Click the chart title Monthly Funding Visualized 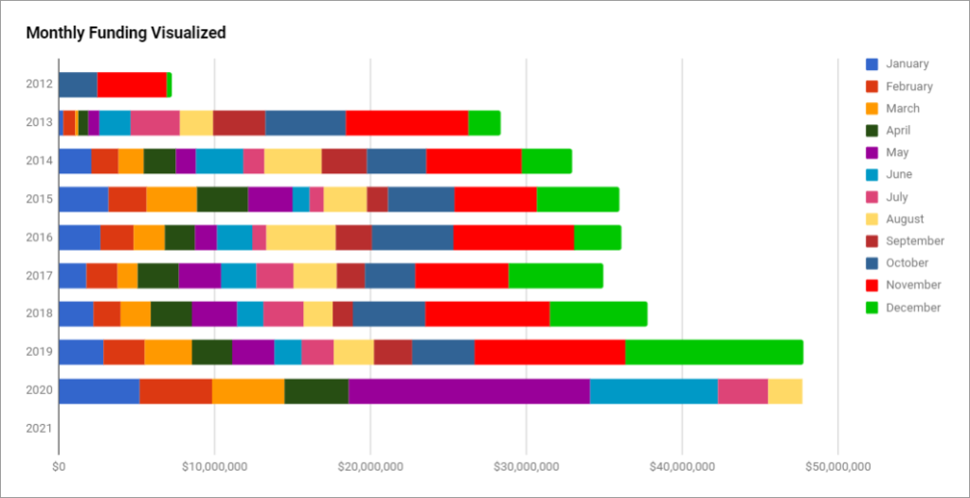(126, 33)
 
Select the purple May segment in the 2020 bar (469, 391)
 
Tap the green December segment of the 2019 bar (713, 352)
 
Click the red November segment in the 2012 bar (132, 84)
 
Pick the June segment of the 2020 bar (654, 391)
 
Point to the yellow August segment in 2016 (300, 238)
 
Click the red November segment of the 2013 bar (406, 123)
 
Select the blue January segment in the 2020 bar (99, 391)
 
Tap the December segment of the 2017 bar (555, 276)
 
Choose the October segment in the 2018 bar (388, 314)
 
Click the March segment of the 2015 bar (171, 200)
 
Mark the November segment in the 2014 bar (474, 161)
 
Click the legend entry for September (914, 240)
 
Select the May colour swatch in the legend (872, 152)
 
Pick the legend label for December (913, 307)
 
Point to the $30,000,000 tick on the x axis (526, 466)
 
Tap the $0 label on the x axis (59, 466)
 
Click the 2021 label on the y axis (39, 429)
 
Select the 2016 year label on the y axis (39, 238)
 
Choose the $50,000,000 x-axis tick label (837, 466)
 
